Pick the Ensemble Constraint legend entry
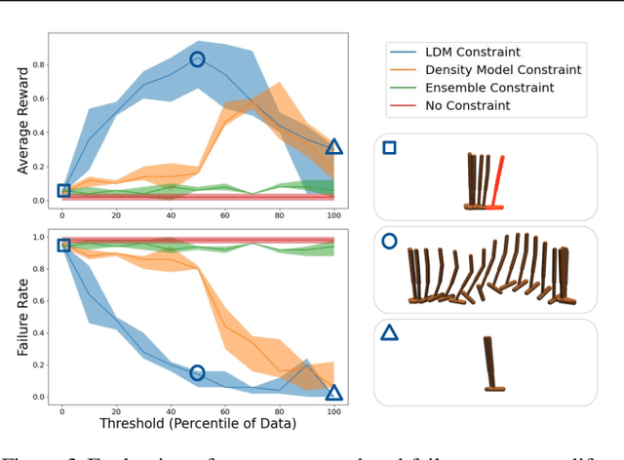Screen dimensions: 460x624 pos(476,88)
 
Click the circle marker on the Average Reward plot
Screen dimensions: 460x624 pos(197,59)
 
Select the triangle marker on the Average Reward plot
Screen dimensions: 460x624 pos(333,146)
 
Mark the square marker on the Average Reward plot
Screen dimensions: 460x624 pos(63,191)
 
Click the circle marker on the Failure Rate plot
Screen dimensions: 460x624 pos(197,373)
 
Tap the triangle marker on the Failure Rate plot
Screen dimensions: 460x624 pos(333,393)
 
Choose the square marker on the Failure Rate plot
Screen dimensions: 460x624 pos(63,246)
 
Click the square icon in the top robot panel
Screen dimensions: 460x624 pos(389,148)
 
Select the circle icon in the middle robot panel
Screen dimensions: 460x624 pos(389,241)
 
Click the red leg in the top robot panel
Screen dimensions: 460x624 pos(498,182)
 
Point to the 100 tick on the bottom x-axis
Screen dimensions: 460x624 pos(333,408)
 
